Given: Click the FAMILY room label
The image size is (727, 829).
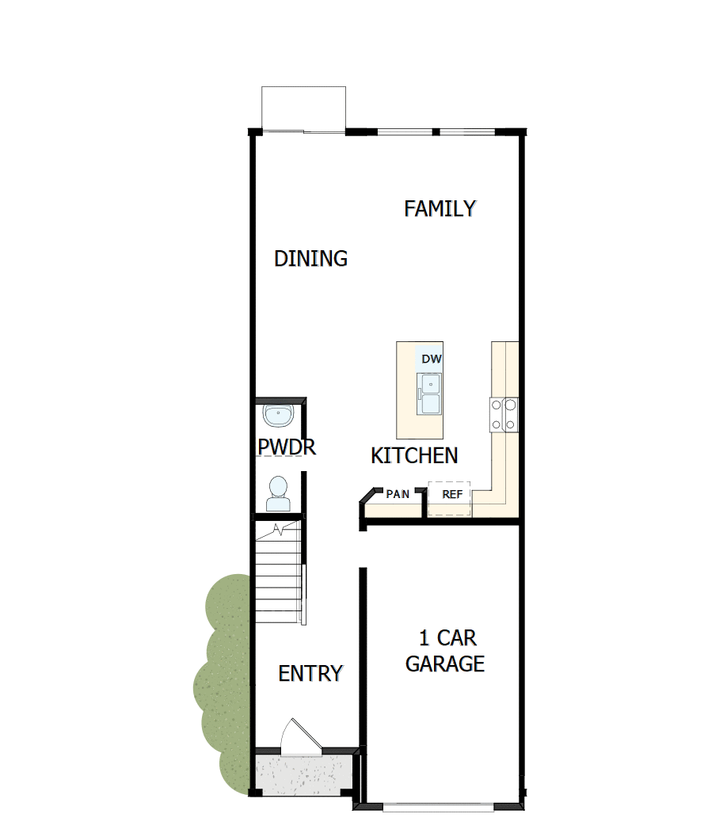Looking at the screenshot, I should [x=440, y=209].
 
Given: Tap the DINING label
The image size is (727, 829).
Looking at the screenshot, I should [x=310, y=258].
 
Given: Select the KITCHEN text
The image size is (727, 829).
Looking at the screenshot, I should [x=414, y=455].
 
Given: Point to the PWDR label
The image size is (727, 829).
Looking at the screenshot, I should [x=287, y=447].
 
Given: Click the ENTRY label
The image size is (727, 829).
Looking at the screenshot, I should [x=310, y=673].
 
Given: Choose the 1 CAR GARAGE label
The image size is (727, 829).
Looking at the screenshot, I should [x=445, y=651].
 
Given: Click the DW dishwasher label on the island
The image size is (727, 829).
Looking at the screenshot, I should [x=431, y=359].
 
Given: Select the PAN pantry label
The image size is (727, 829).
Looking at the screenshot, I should [x=398, y=495].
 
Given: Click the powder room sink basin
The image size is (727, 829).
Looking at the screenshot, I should [x=278, y=415].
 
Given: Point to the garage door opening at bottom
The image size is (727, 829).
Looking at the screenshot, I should [x=440, y=807].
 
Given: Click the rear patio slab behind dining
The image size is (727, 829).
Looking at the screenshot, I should [x=303, y=108].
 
